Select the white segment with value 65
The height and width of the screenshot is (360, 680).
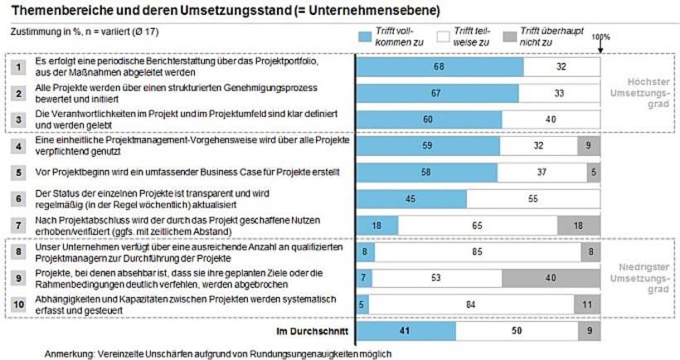[x=478, y=225]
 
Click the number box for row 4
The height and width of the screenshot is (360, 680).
[x=18, y=146]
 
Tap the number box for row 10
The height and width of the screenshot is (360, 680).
[x=18, y=304]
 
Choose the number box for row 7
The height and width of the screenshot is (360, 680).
[x=18, y=225]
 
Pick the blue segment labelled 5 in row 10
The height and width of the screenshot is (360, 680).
[x=362, y=304]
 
